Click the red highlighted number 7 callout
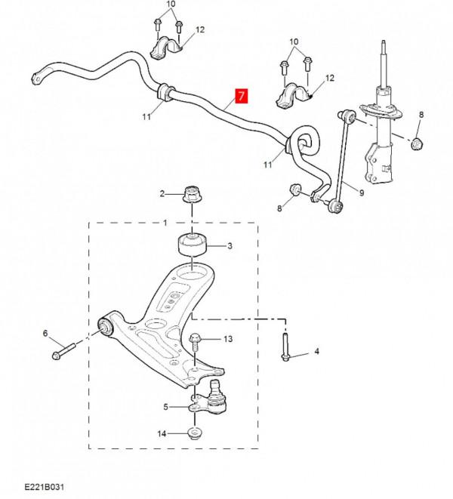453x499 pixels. (242, 96)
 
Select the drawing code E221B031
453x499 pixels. (44, 487)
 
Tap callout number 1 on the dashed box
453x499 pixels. (165, 223)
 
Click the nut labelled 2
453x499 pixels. (193, 195)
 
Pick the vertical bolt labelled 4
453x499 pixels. (285, 347)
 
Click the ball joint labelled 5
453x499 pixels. (210, 399)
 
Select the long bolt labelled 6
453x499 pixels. (63, 351)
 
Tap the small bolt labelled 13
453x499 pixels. (195, 342)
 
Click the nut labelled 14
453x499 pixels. (195, 433)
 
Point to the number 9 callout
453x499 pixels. (362, 193)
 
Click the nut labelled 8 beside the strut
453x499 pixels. (417, 144)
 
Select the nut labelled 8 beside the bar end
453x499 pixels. (294, 189)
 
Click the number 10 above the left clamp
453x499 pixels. (171, 4)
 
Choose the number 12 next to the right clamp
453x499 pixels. (330, 78)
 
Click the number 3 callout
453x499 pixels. (230, 245)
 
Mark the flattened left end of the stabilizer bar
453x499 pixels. (37, 78)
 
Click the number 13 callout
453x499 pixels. (228, 339)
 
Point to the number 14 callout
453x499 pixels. (162, 433)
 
